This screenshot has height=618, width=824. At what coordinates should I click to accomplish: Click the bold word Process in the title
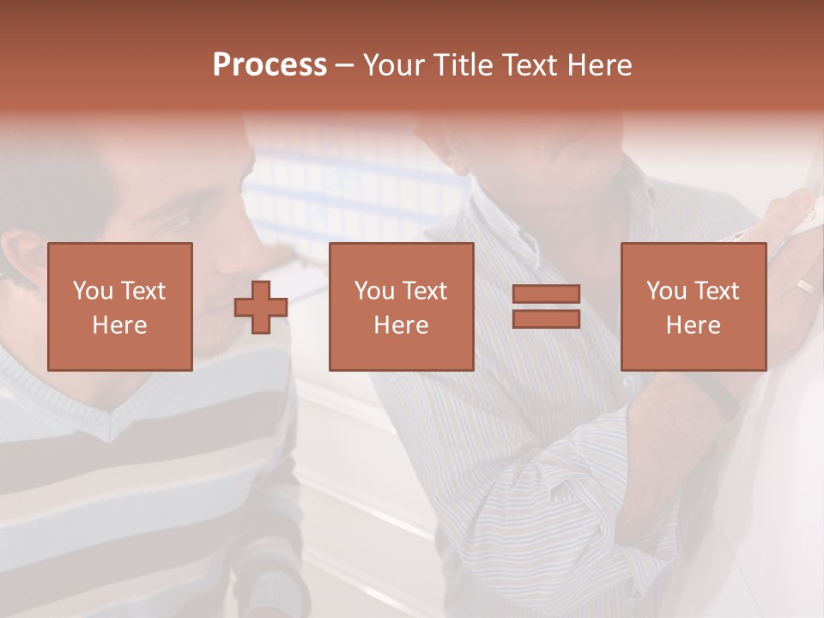pyautogui.click(x=270, y=64)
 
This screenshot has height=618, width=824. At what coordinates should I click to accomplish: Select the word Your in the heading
pyautogui.click(x=393, y=65)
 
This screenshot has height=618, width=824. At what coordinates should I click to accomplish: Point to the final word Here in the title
pyautogui.click(x=601, y=65)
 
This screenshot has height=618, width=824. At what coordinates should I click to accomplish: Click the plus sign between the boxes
pyautogui.click(x=261, y=307)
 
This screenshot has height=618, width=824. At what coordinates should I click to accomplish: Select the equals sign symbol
pyautogui.click(x=546, y=306)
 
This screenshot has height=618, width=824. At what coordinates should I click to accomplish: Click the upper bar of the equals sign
pyautogui.click(x=546, y=294)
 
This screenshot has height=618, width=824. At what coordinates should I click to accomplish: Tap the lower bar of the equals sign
pyautogui.click(x=546, y=318)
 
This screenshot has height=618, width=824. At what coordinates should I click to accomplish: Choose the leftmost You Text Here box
pyautogui.click(x=120, y=306)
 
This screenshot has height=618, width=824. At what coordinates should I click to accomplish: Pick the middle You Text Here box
pyautogui.click(x=401, y=306)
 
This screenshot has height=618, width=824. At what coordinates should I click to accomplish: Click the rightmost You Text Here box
pyautogui.click(x=693, y=306)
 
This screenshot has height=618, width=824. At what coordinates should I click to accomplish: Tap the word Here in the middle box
pyautogui.click(x=401, y=324)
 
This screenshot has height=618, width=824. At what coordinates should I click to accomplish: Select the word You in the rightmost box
pyautogui.click(x=667, y=291)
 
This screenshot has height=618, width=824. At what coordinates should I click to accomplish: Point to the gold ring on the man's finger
pyautogui.click(x=805, y=285)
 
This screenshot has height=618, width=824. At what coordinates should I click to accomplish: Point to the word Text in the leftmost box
pyautogui.click(x=143, y=291)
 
